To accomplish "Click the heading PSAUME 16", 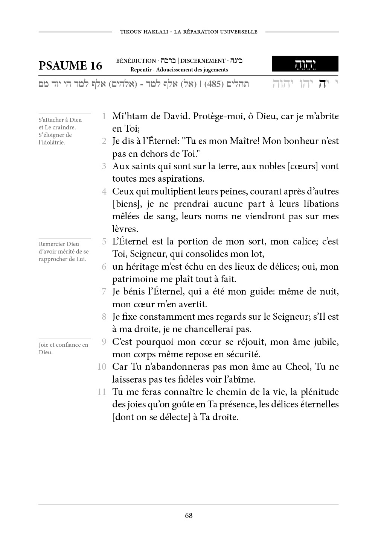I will pos(70,65).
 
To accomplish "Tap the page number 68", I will pos(189,515).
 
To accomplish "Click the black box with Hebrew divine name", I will pos(305,64).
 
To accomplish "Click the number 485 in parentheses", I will pos(212,84).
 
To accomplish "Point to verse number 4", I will pos(104,191).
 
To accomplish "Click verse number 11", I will pos(102,392).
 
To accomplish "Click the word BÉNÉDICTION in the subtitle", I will pos(136,61).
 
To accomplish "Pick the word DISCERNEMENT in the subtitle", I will pos(203,61).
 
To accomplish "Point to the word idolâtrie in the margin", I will pos(52,143).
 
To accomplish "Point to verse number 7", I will pos(104,291).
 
